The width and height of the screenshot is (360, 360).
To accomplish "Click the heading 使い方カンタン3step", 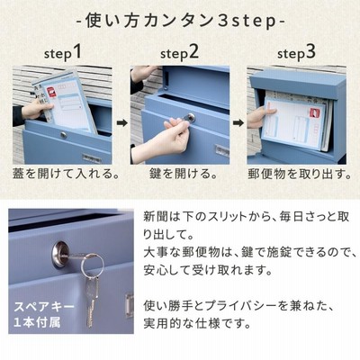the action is (181, 21).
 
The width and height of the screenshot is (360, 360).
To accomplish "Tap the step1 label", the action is (63, 53).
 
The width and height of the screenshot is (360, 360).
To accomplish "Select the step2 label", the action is (179, 53).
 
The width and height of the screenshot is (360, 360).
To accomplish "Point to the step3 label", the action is (296, 53).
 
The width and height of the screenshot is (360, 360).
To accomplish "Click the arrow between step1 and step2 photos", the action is (121, 123).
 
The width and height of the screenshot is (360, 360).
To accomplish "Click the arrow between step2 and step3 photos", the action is (238, 123).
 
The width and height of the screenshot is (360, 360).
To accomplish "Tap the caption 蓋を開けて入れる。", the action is (66, 174).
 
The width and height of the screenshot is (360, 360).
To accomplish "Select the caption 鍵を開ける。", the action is (183, 174).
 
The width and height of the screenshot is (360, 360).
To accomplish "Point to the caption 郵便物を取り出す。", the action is (300, 174).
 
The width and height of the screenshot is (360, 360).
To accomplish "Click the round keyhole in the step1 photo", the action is (64, 135).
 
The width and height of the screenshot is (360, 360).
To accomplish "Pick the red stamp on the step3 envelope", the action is (316, 114).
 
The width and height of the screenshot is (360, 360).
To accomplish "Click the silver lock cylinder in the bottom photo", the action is (61, 256).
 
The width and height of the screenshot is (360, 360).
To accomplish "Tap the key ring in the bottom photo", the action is (93, 265).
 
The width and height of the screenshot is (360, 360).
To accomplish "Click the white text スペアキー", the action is (44, 307).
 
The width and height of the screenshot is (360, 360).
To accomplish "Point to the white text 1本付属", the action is (37, 322).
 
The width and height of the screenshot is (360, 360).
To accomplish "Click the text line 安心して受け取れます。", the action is (208, 270).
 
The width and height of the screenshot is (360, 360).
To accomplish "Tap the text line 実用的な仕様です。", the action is (197, 324).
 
